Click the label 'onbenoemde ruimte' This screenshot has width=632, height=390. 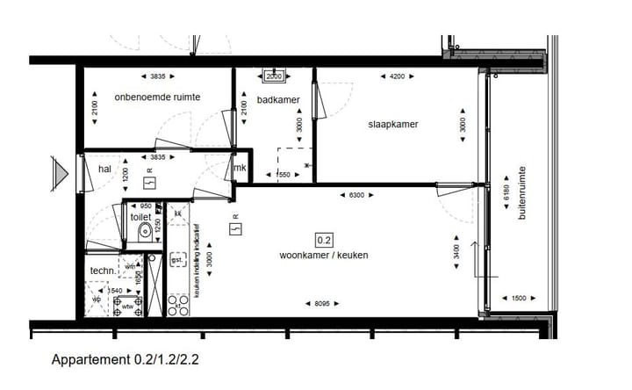157,97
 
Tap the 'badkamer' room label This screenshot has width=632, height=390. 278,100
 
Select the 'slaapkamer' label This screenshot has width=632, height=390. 392,124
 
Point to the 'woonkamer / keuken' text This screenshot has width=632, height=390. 324,255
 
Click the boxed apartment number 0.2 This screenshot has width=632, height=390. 324,239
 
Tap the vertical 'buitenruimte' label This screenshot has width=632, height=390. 521,192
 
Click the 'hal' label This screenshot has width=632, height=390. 105,169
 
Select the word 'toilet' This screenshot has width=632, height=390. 140,216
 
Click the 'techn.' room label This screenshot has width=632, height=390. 104,271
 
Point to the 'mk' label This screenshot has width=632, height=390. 239,169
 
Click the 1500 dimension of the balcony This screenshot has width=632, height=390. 520,299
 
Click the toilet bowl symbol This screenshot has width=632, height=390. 144,234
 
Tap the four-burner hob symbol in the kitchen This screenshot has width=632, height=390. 178,306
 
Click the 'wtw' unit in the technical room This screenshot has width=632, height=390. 128,306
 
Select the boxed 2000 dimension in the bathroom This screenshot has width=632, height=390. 275,75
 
